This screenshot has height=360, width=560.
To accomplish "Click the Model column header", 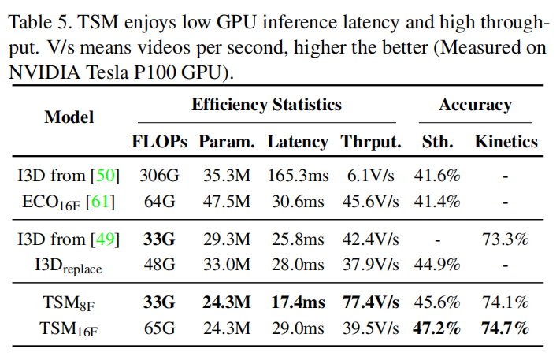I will (x=69, y=117).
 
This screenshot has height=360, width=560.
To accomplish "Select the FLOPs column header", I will (x=159, y=143).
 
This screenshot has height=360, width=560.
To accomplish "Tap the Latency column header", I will (x=297, y=143).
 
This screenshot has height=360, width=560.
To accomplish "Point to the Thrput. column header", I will (x=371, y=143).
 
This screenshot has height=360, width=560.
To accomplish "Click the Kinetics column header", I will (x=506, y=143).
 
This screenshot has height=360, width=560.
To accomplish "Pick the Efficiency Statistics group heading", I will (x=266, y=104).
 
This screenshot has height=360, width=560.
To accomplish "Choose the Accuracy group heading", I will (x=475, y=104).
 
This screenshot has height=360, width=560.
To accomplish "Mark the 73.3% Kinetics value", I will (x=506, y=239).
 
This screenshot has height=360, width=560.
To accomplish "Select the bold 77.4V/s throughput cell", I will (x=371, y=301).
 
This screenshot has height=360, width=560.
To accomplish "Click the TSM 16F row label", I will (x=69, y=327).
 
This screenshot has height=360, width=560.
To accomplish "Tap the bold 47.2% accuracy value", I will (x=437, y=327).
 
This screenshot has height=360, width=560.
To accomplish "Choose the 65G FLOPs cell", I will (x=160, y=327).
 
